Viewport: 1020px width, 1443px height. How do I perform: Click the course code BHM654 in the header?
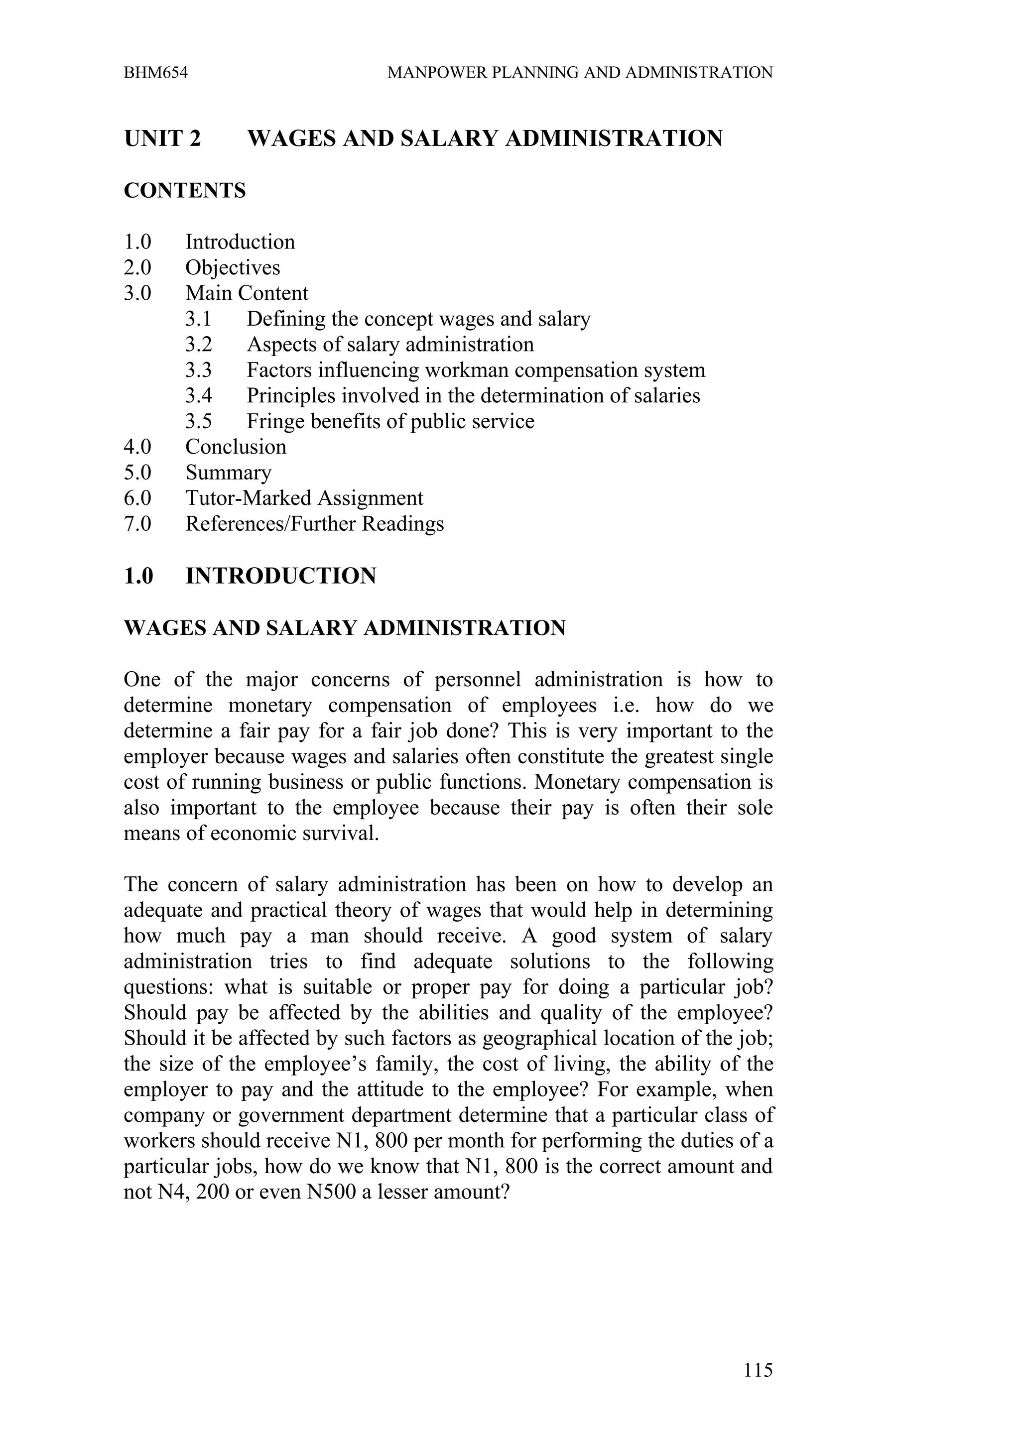tap(156, 73)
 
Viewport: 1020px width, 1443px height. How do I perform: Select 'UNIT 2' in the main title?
tap(162, 138)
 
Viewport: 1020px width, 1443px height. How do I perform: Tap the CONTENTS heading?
tap(185, 190)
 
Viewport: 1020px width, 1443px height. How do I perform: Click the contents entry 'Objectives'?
tap(233, 268)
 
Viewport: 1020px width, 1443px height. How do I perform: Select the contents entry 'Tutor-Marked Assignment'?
tap(304, 498)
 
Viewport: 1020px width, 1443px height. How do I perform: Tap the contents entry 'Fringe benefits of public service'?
tap(390, 422)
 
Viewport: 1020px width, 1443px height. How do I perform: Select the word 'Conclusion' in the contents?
tap(236, 447)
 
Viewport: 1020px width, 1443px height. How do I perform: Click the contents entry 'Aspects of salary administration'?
tap(390, 345)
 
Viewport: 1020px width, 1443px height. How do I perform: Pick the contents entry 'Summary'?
tap(228, 473)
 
